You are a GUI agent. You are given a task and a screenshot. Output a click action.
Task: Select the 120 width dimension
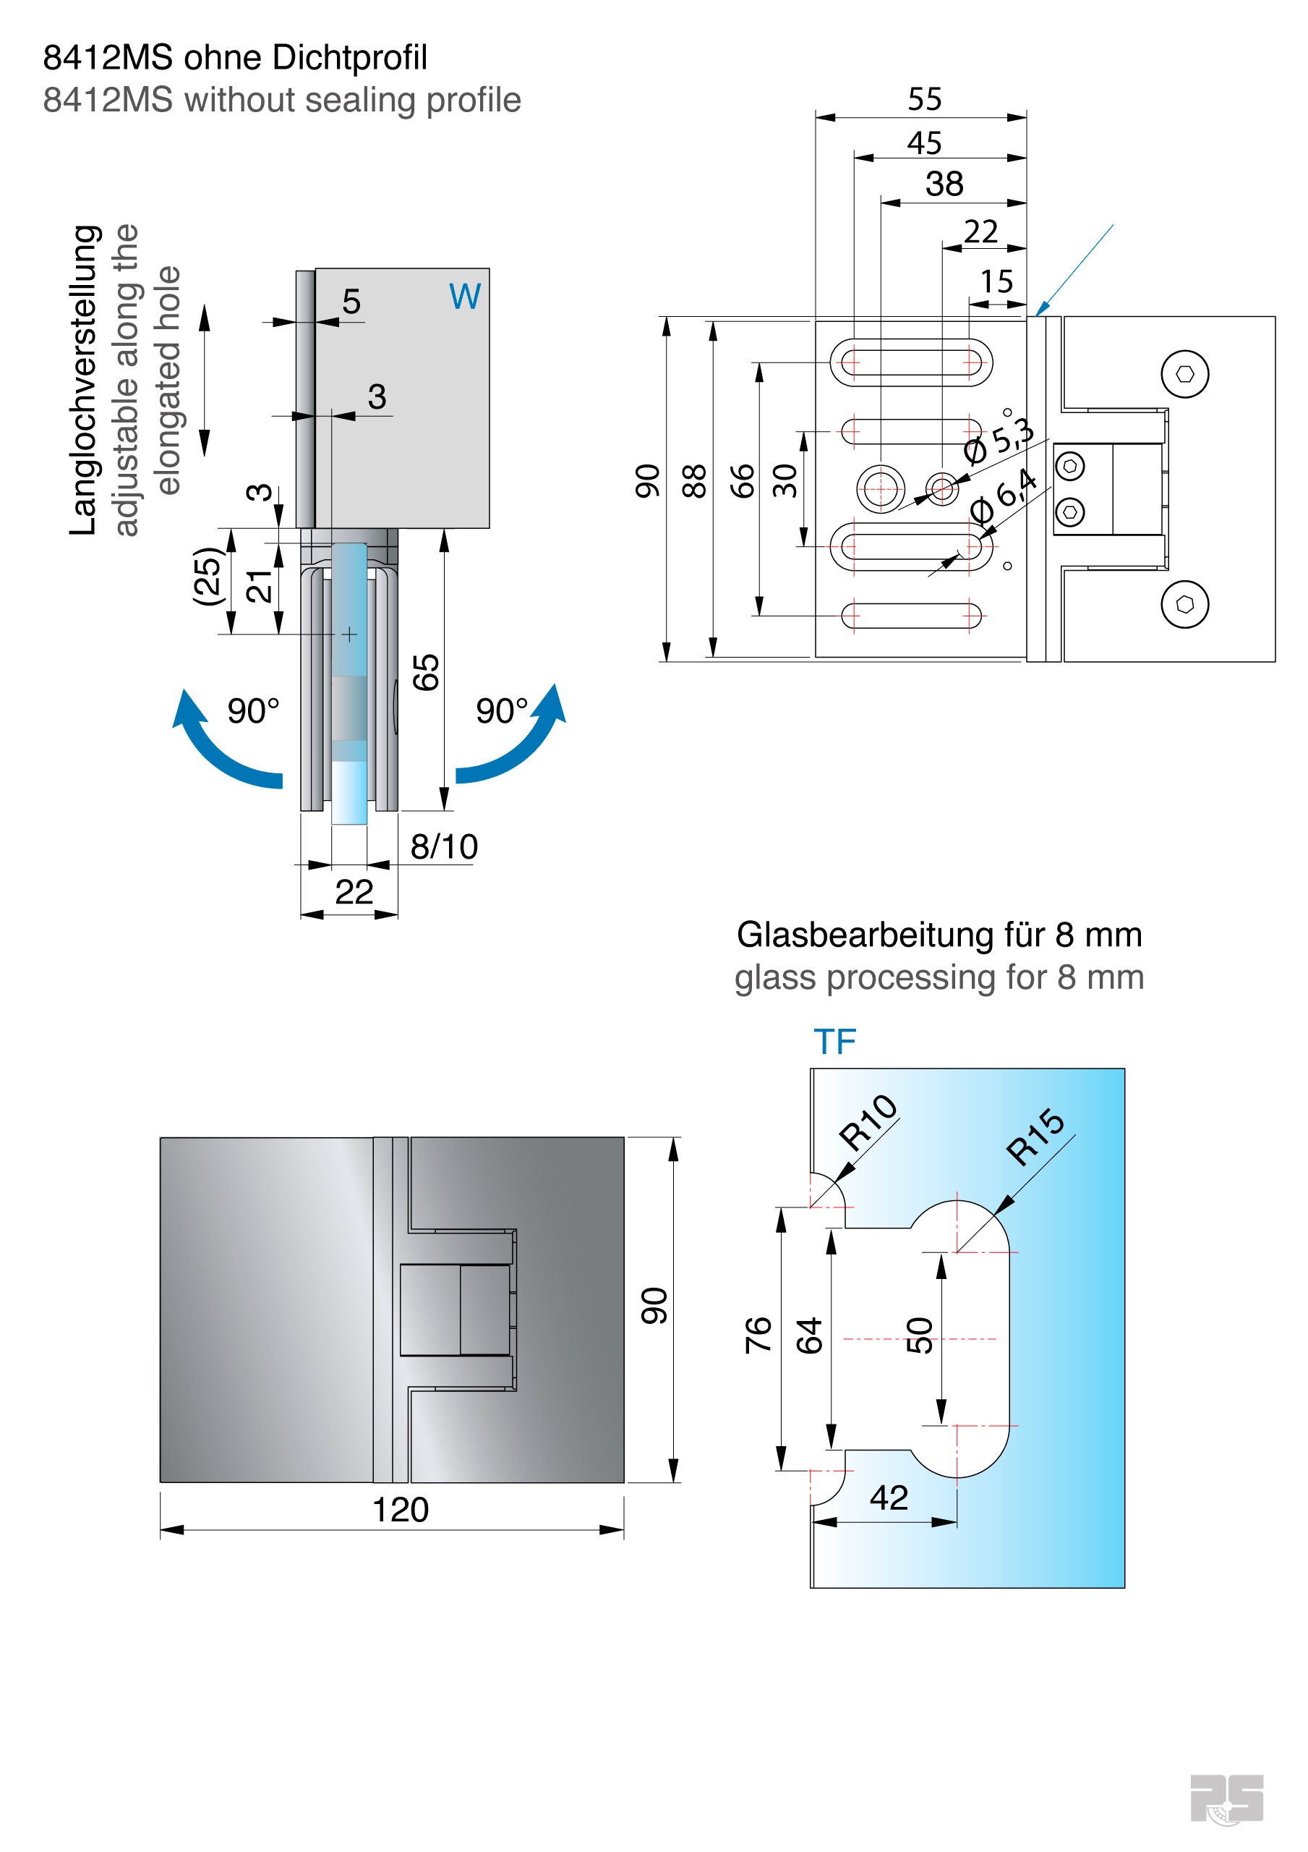click(x=400, y=1510)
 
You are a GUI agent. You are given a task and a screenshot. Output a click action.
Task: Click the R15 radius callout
click(x=1035, y=1137)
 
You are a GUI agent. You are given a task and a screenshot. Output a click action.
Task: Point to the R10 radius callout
click(x=868, y=1122)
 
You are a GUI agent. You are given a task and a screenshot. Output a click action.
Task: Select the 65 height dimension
click(x=426, y=672)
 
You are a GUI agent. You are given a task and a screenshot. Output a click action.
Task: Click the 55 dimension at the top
click(x=924, y=99)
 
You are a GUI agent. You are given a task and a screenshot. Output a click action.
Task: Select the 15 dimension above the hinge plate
click(x=996, y=281)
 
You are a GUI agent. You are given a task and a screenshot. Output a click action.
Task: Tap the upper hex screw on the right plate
click(x=1184, y=374)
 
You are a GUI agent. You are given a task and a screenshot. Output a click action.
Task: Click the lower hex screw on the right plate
click(x=1184, y=604)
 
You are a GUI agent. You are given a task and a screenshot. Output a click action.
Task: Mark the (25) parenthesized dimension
click(x=207, y=576)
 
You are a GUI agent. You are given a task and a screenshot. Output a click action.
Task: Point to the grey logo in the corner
click(x=1226, y=1798)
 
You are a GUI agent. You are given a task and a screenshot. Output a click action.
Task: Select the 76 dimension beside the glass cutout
click(x=758, y=1334)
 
